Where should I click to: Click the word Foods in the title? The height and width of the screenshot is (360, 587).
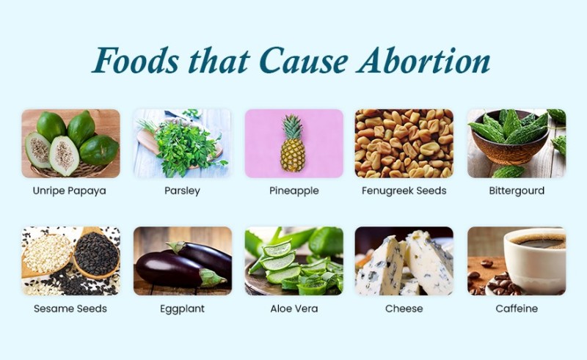coord(136,61)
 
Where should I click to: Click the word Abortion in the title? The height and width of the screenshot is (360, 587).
coord(423,61)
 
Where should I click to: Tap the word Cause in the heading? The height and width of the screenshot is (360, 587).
coord(303,61)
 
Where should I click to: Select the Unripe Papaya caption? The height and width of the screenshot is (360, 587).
coord(69,191)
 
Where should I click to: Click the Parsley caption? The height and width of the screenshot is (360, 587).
coord(182,191)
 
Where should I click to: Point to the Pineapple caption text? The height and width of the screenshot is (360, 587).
coord(294,191)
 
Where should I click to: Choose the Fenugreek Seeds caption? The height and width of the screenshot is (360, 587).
coord(404,191)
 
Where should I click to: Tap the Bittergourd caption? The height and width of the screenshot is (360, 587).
coord(517,191)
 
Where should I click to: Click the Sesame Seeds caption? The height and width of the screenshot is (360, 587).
coord(70,309)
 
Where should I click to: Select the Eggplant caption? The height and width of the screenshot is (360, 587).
coord(182,309)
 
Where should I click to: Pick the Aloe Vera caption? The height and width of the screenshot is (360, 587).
coord(294,309)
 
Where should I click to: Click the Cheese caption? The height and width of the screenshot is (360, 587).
coord(404,309)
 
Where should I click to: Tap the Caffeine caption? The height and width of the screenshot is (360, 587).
coord(517,309)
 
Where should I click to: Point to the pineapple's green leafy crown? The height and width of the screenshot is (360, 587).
coord(292,127)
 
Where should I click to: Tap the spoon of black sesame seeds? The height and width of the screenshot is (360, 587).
coord(95,254)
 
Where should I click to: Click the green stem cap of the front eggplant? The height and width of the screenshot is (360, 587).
coord(211,278)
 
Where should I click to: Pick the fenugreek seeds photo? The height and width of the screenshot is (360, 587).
coord(404,143)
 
